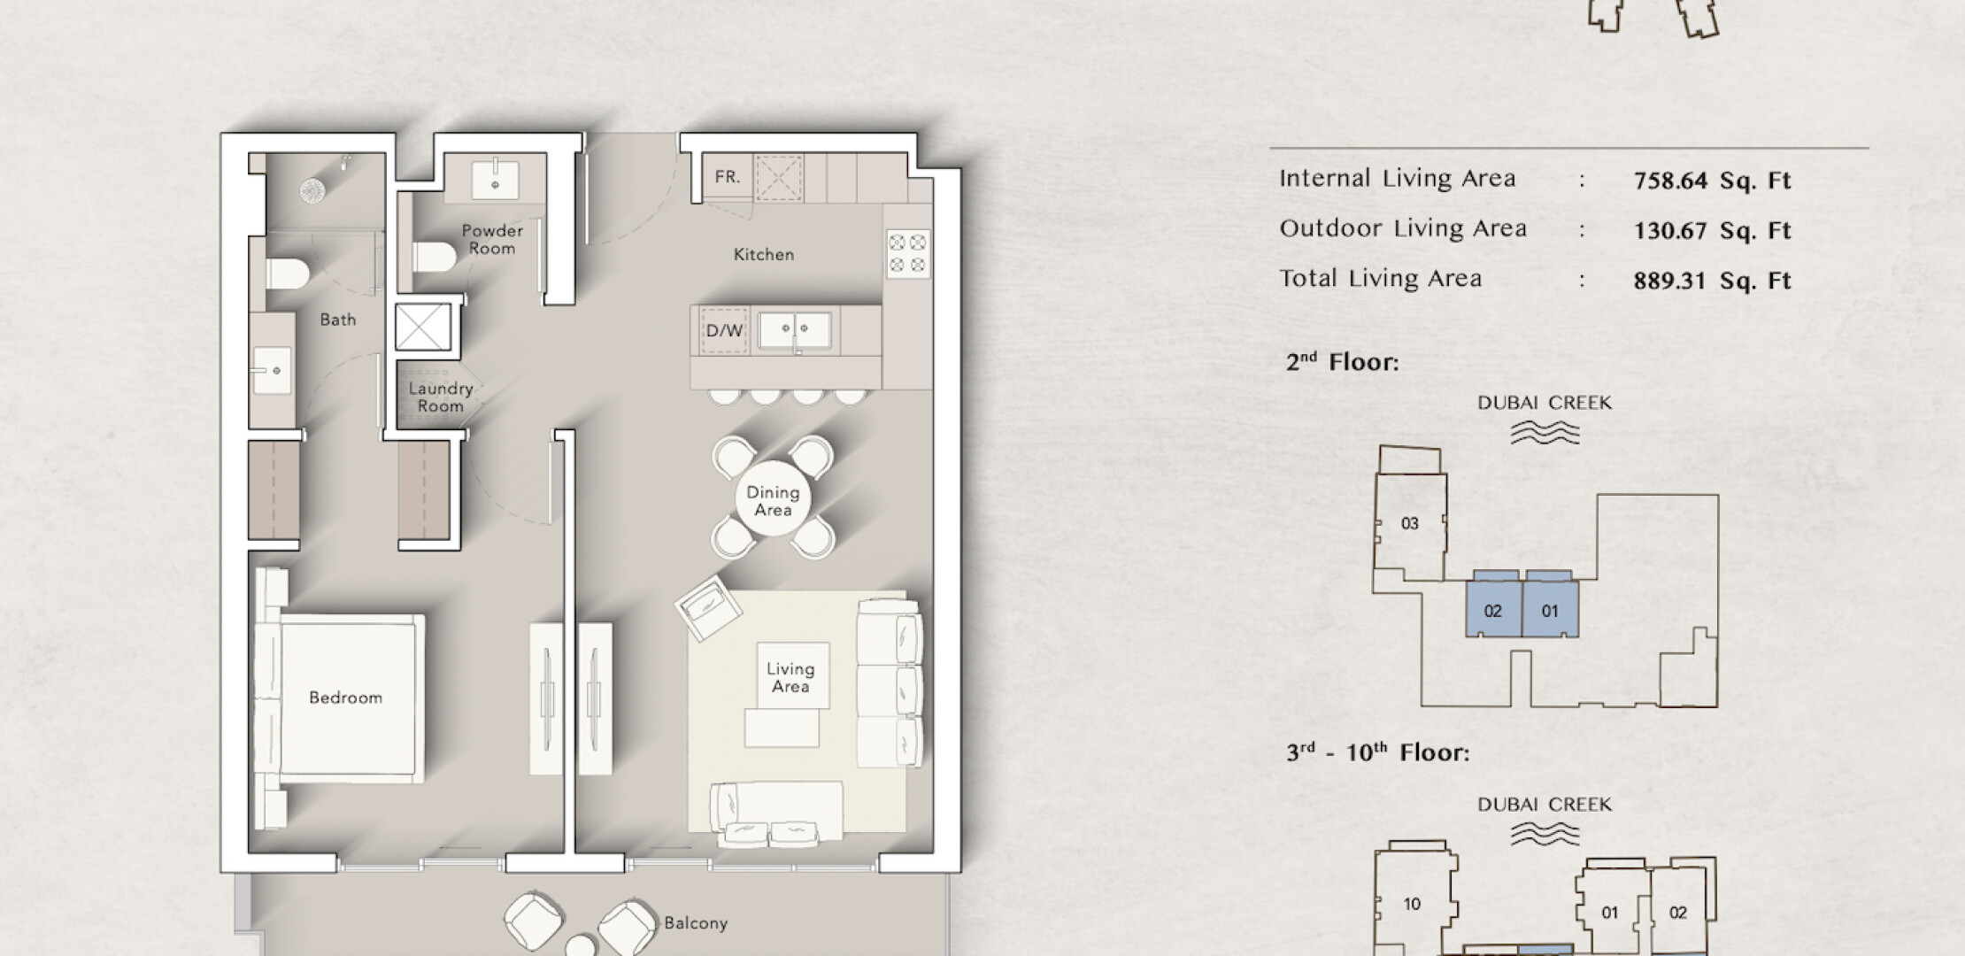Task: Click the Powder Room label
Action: (492, 239)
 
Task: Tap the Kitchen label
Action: (764, 255)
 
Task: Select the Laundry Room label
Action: (441, 397)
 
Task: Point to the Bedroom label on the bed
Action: (345, 698)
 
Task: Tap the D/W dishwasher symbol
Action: (724, 331)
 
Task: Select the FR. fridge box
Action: (727, 177)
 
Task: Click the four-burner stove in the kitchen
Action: (908, 253)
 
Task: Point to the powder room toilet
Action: (434, 257)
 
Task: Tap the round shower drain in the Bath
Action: (313, 190)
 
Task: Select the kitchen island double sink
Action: (795, 331)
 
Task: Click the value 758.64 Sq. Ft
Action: (1712, 181)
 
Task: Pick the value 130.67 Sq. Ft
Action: (1712, 231)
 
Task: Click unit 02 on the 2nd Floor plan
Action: (1493, 610)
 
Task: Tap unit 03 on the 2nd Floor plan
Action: (1410, 523)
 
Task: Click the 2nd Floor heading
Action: (1342, 361)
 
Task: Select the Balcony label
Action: (696, 923)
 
